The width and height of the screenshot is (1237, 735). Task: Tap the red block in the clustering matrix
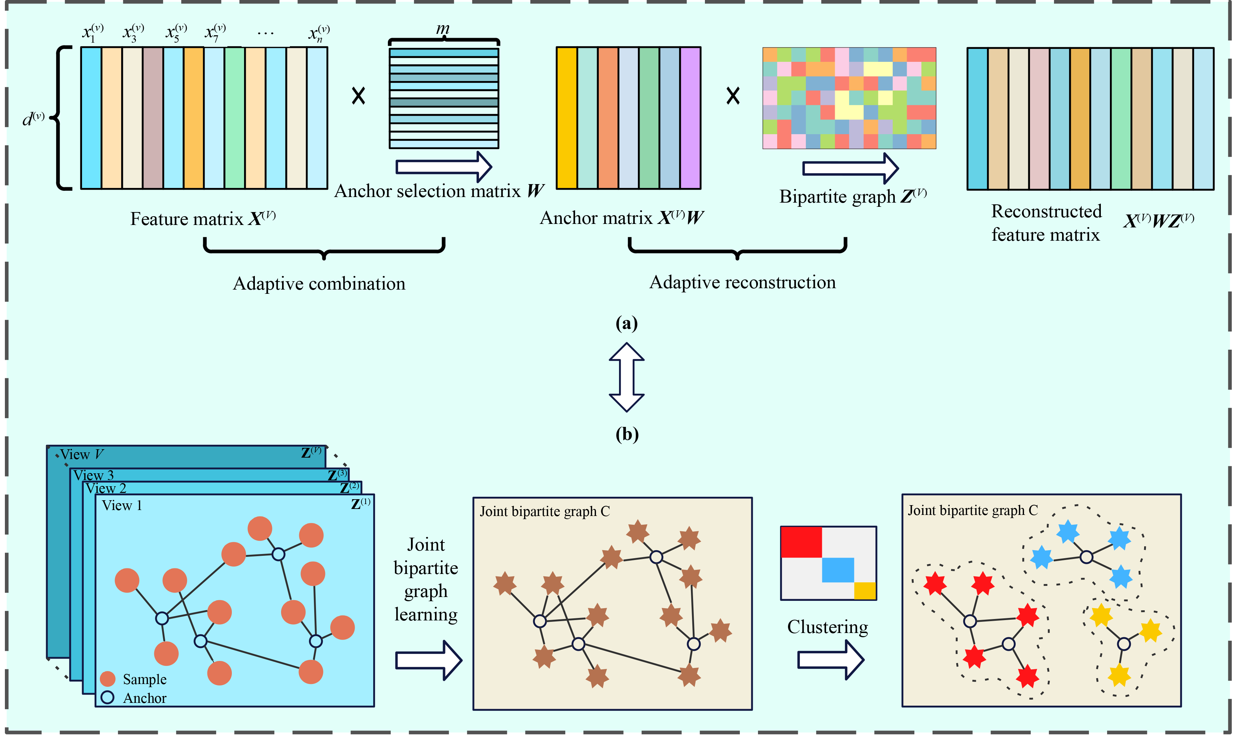801,542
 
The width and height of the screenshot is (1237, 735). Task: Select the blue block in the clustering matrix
838,569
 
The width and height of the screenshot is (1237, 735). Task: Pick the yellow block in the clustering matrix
865,591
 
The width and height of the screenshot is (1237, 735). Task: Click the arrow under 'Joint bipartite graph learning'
428,660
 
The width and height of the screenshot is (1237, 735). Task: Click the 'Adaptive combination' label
319,284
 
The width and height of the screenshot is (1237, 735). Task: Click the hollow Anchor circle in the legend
108,697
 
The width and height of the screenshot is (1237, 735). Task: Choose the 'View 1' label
122,506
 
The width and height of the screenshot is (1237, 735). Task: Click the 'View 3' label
94,475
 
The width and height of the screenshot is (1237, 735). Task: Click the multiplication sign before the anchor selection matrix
358,96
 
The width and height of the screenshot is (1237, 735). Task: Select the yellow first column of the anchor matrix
567,118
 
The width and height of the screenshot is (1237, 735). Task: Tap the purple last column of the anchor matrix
690,118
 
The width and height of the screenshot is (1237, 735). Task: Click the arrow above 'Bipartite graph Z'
850,168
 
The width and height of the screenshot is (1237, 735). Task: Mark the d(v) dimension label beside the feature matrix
34,119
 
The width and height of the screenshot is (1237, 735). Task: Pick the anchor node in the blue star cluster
1086,557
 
